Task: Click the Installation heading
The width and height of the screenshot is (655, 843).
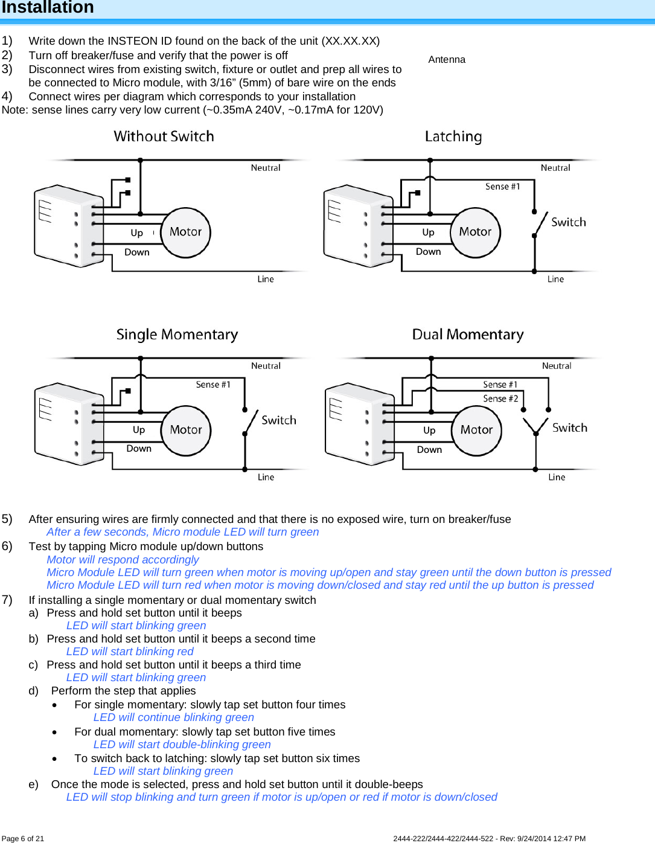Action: point(48,7)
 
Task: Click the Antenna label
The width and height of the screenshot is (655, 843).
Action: point(447,60)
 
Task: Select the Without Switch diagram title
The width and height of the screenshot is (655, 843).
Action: point(164,136)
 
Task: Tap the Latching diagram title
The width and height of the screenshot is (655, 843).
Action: point(453,136)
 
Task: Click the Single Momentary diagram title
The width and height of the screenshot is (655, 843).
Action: point(177,335)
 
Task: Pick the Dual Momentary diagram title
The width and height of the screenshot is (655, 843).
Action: point(468,335)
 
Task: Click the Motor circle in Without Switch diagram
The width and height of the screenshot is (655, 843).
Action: point(185,232)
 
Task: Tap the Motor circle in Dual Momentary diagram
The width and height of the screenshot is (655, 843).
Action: point(476,430)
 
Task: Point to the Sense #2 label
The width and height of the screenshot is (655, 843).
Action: point(500,399)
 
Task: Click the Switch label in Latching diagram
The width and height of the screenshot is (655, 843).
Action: point(568,222)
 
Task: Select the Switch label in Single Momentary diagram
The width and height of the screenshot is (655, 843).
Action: point(278,420)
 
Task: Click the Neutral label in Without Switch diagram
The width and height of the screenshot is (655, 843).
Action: point(266,168)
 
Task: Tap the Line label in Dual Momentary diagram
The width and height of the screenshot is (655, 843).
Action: point(557,477)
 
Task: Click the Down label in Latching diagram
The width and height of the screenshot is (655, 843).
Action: point(428,252)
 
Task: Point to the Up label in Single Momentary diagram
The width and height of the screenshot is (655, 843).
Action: point(139,430)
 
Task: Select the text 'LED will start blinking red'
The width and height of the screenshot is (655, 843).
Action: point(130,652)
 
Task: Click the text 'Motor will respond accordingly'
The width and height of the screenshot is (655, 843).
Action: point(123,560)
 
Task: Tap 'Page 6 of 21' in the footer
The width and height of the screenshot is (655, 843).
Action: point(23,838)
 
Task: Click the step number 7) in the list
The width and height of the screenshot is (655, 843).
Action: point(7,600)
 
